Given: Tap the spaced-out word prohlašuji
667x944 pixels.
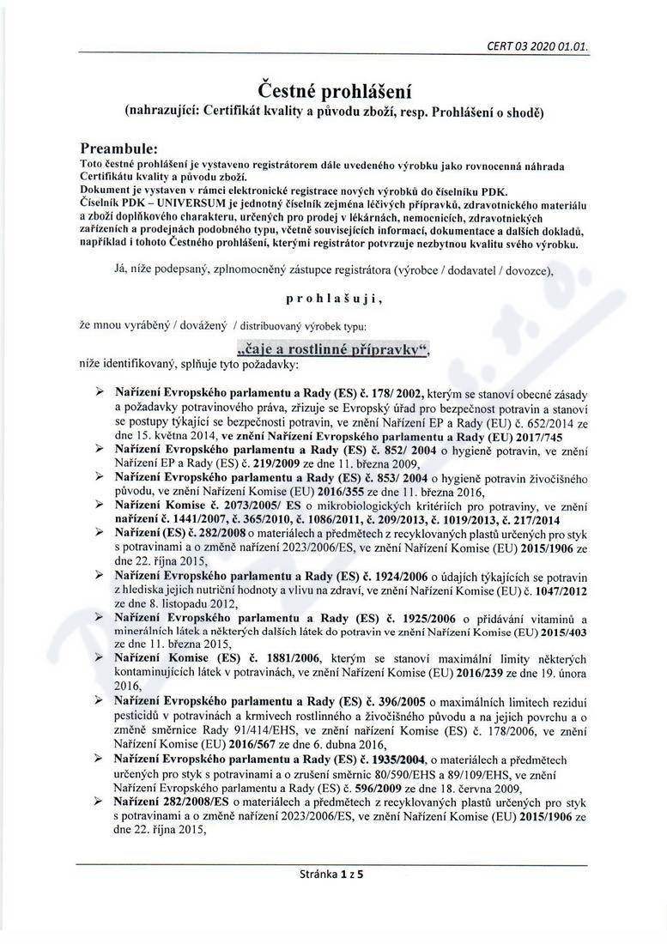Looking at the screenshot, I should pyautogui.click(x=332, y=300).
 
